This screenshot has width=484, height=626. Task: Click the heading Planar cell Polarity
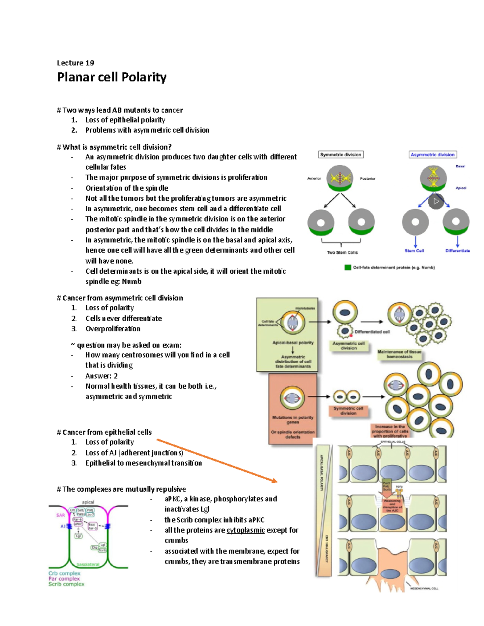[112, 77]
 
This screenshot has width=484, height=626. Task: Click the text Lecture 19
[75, 63]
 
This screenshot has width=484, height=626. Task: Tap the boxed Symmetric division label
[341, 154]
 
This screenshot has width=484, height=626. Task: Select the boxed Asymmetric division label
[432, 154]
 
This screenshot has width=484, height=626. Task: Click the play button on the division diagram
[436, 201]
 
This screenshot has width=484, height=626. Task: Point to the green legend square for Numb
[348, 267]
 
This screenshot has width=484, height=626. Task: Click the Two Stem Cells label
[342, 252]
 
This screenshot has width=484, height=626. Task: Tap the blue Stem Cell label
[414, 251]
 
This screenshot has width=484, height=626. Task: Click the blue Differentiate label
[457, 251]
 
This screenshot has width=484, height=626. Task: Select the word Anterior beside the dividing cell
[314, 178]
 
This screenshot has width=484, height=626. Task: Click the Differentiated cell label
[372, 332]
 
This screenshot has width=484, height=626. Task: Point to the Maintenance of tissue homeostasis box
[399, 354]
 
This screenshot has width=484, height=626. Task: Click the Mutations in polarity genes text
[292, 420]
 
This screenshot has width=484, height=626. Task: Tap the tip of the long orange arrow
[276, 481]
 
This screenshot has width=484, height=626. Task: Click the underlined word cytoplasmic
[246, 530]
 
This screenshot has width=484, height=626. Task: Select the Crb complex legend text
[65, 573]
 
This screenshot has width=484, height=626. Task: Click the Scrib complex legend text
[67, 584]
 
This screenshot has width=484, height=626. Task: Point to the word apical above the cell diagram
[88, 502]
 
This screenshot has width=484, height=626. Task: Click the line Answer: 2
[101, 376]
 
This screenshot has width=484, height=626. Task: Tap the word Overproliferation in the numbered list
[113, 329]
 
